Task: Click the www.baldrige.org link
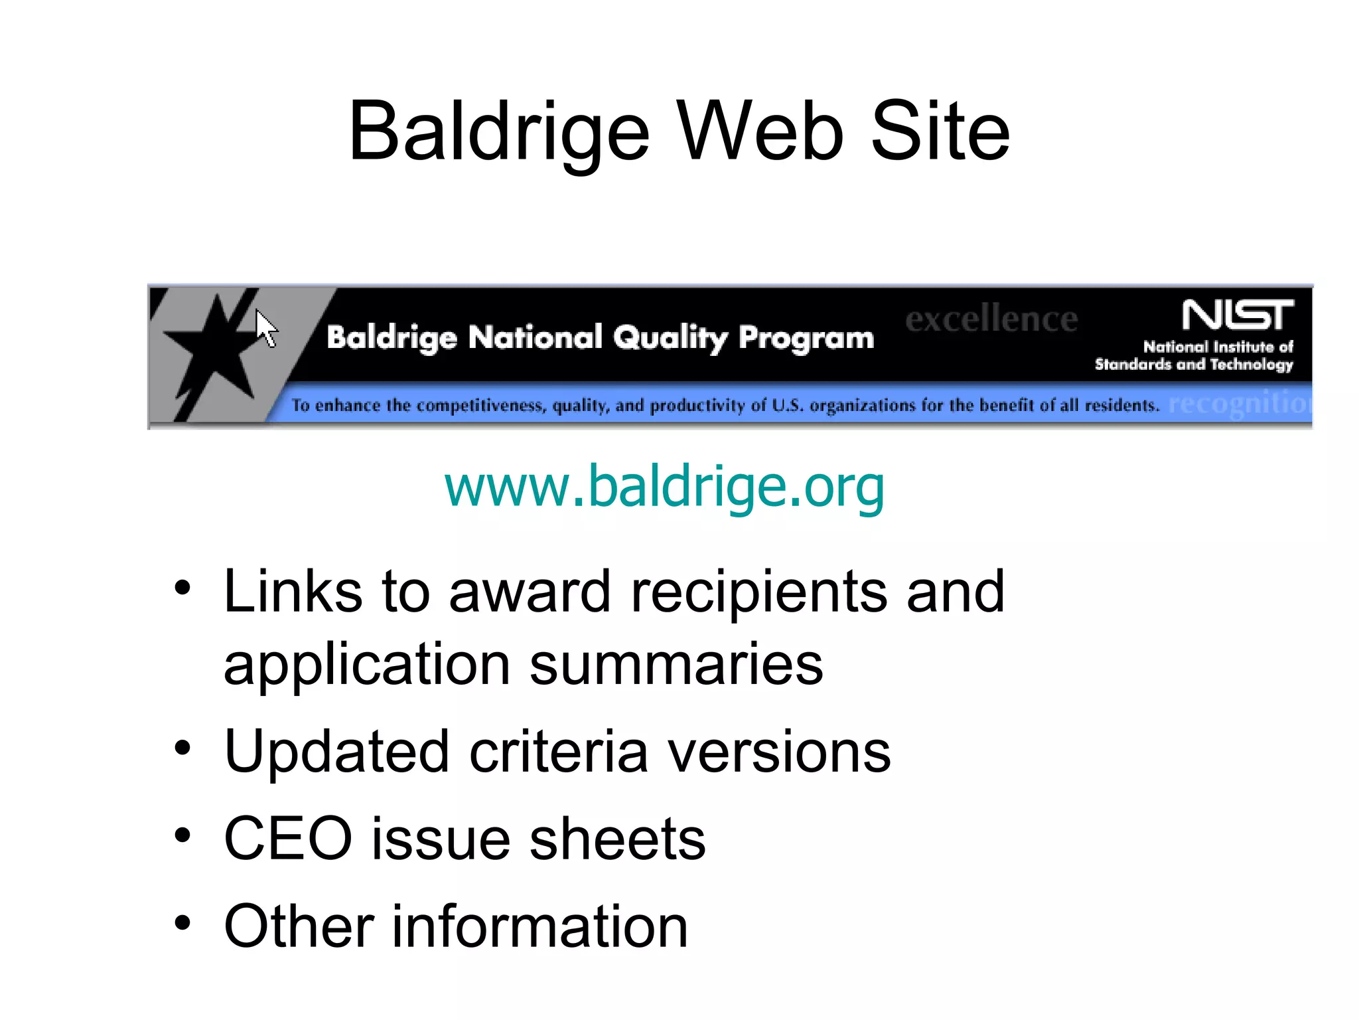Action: coord(664,487)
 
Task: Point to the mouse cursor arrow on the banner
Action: coord(266,328)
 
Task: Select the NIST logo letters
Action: coord(1237,315)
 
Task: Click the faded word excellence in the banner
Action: coord(991,319)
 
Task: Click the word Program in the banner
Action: coord(806,339)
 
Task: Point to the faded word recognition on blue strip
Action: coord(1238,403)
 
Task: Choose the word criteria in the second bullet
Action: coord(558,752)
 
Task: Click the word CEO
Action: coord(288,839)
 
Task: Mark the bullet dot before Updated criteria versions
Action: coord(182,749)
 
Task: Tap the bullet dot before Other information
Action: coord(182,923)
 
